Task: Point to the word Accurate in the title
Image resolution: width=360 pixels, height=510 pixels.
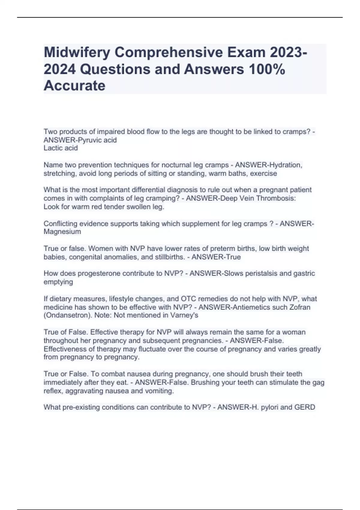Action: [74, 85]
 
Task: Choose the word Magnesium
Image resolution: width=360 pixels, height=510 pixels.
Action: [62, 232]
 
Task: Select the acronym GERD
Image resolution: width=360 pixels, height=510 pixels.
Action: [304, 407]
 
